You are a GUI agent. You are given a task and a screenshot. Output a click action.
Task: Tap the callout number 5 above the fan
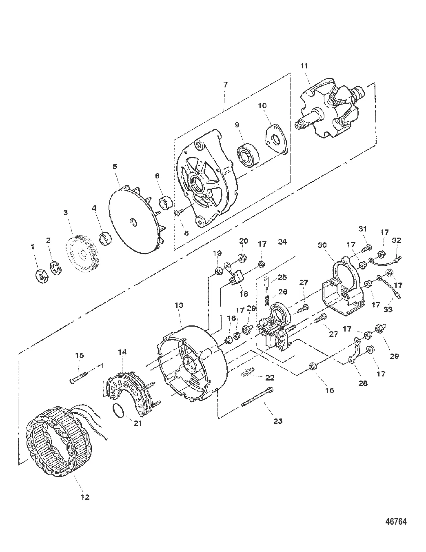pos(115,167)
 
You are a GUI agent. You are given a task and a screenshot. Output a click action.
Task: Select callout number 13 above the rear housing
pos(179,305)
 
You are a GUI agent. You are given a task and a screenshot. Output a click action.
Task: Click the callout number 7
pos(225,85)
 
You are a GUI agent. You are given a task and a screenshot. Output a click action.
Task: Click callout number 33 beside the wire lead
pos(388,309)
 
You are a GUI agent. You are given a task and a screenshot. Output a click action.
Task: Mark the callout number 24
pos(282,242)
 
